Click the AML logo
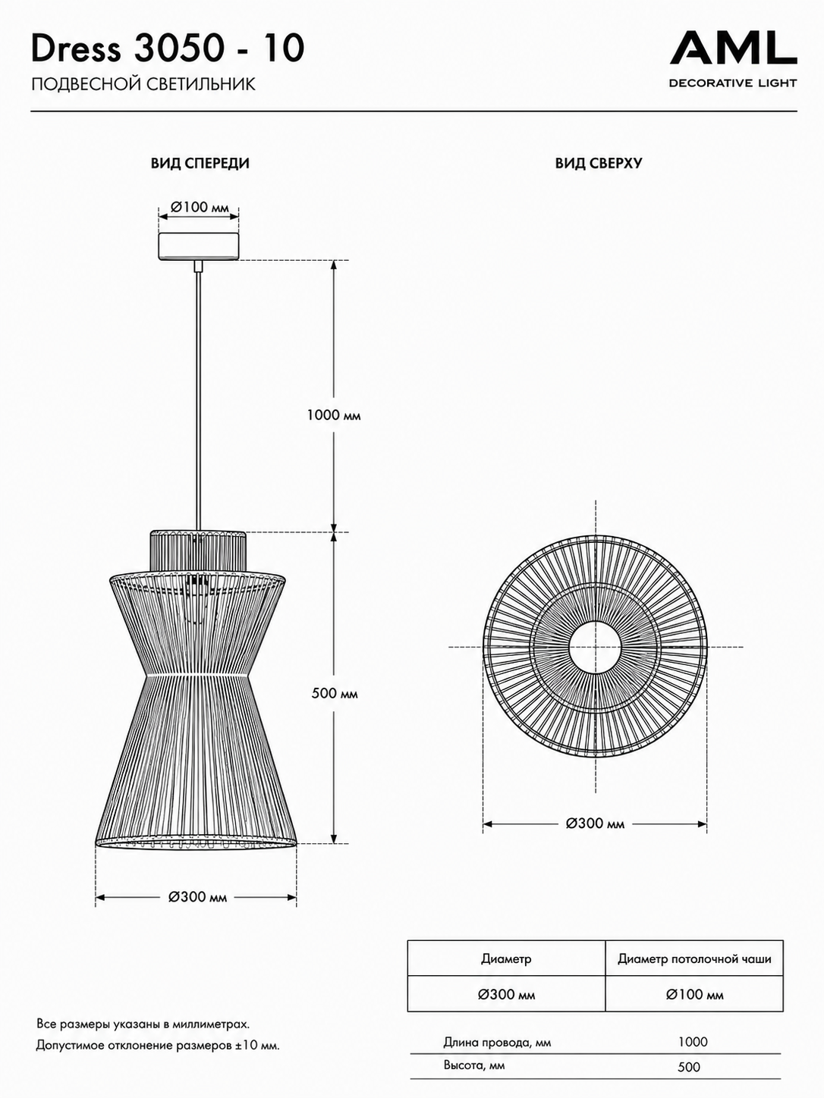(x=733, y=59)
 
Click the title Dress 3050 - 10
(x=168, y=49)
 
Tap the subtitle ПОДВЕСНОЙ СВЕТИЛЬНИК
(x=143, y=84)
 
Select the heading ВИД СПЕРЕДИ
(x=200, y=164)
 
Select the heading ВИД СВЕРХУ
(x=599, y=164)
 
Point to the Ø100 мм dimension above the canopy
(x=200, y=207)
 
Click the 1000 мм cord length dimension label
(x=334, y=416)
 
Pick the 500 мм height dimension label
(x=334, y=694)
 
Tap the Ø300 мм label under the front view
(x=197, y=897)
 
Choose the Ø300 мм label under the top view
(x=596, y=823)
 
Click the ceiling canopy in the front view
(x=199, y=246)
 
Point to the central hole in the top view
(x=596, y=647)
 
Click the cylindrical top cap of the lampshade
(x=198, y=551)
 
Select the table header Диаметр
(x=506, y=959)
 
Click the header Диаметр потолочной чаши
(x=694, y=959)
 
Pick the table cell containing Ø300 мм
(x=506, y=995)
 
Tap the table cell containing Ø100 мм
(x=694, y=995)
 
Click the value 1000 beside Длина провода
(x=693, y=1043)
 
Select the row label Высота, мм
(x=474, y=1065)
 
